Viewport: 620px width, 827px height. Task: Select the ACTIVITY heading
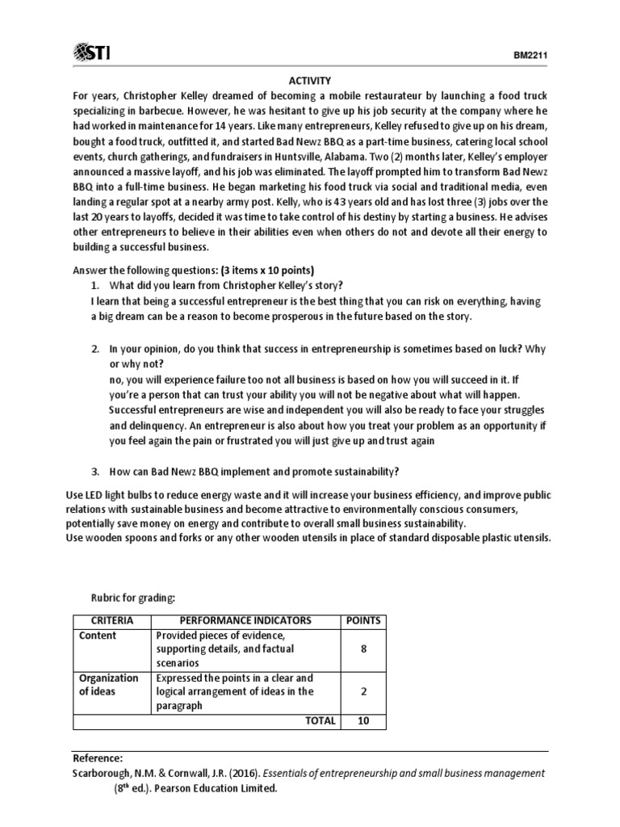tap(311, 81)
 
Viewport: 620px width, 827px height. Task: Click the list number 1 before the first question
tap(94, 285)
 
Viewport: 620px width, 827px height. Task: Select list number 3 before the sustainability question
tap(94, 472)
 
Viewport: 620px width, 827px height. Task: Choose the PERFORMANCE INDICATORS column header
tap(245, 620)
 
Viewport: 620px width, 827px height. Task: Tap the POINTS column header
tap(362, 620)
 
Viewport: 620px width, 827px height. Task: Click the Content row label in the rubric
tap(98, 636)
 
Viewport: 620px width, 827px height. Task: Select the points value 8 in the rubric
tap(362, 649)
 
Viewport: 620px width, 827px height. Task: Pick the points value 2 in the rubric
tap(362, 691)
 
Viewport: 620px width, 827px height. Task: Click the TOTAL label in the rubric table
tap(320, 720)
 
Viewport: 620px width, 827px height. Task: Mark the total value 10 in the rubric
tap(362, 720)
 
